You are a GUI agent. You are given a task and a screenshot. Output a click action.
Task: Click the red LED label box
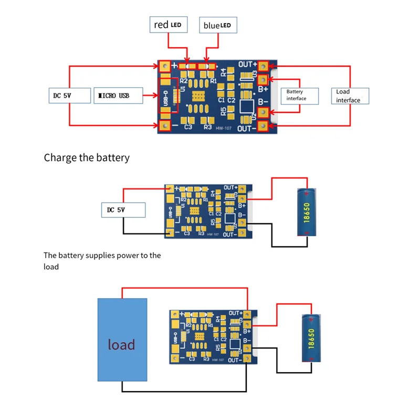pos(169,25)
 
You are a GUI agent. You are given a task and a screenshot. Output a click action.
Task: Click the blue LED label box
pos(218,25)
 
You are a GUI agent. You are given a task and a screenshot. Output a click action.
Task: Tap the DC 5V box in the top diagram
pos(67,96)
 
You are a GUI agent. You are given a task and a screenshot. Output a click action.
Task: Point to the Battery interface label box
pos(297,95)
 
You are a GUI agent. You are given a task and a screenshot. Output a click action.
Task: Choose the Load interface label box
pos(350,96)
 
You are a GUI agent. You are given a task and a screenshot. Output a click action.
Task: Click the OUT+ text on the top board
pos(247,65)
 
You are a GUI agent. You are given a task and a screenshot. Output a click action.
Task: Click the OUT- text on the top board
pos(247,128)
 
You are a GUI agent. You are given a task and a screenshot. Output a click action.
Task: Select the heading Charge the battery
pos(87,157)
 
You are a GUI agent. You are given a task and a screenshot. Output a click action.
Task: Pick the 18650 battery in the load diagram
pos(311,338)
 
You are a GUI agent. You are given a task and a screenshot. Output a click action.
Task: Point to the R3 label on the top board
pos(207,127)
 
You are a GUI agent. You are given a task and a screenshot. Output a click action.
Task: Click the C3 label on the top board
pos(188,127)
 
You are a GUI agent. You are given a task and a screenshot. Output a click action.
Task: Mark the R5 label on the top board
pos(224,111)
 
